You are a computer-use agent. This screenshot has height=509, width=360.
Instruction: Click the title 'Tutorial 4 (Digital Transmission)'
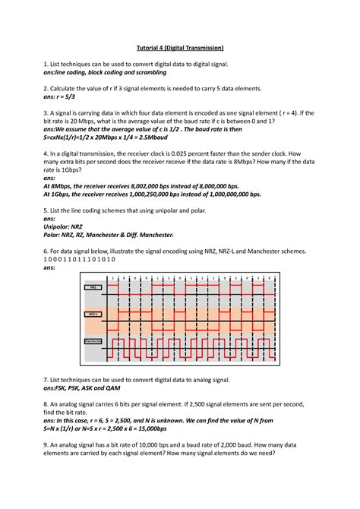(x=180, y=48)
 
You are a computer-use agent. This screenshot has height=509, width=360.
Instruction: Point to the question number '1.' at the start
(x=46, y=67)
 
